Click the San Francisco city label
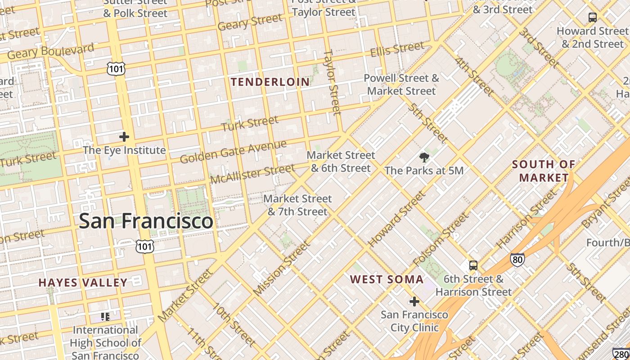coord(146,221)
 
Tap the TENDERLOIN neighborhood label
coord(270,82)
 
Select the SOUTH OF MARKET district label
coord(544,171)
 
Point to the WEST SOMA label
coord(387,279)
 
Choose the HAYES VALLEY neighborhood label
coord(83,283)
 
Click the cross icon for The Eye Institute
coord(124,137)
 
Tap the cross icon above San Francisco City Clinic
coord(414,301)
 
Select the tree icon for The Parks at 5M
coord(424,157)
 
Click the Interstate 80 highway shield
coord(517,259)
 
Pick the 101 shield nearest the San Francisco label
coord(145,246)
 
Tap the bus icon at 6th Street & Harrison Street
coord(473,265)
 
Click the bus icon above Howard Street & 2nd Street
coord(593,18)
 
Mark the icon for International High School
coord(105,317)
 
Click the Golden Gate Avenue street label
coord(233,152)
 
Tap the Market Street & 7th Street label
coord(297,205)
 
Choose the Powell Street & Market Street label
coord(401,85)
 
